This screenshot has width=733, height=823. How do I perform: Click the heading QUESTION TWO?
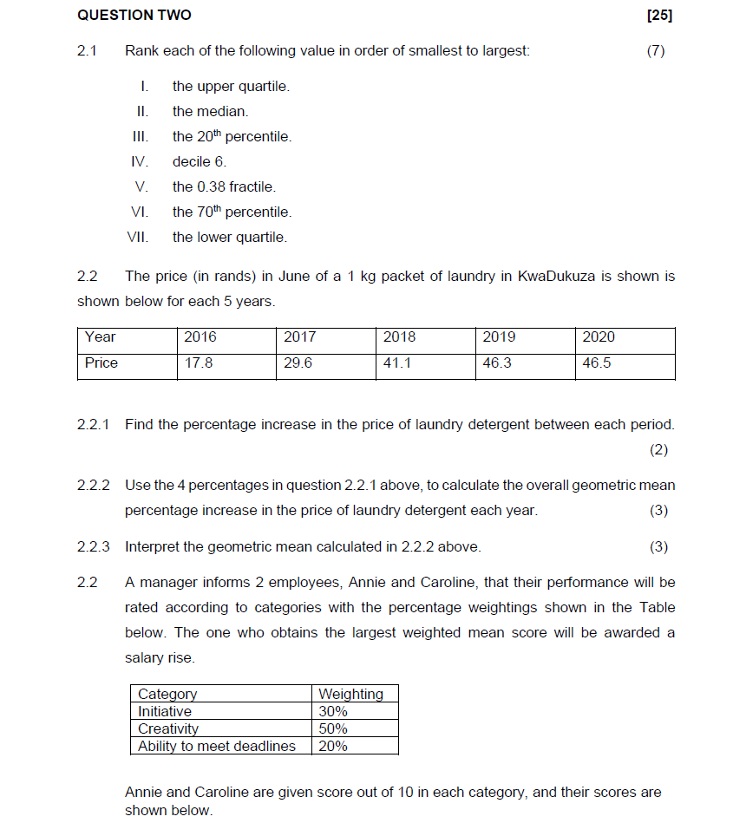pyautogui.click(x=134, y=15)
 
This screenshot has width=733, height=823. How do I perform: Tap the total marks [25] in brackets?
pyautogui.click(x=659, y=15)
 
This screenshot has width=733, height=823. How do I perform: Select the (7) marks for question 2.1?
pyautogui.click(x=656, y=51)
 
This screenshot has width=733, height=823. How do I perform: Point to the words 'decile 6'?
pyautogui.click(x=199, y=162)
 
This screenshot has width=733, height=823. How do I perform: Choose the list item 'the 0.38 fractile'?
pyautogui.click(x=224, y=187)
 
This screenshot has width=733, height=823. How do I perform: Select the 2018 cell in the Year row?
pyautogui.click(x=400, y=337)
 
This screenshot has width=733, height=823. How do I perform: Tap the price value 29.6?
pyautogui.click(x=298, y=363)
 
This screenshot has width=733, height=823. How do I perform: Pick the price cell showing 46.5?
pyautogui.click(x=597, y=363)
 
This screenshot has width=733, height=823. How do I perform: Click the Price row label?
pyautogui.click(x=101, y=363)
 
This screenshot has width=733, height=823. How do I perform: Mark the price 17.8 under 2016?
pyautogui.click(x=199, y=363)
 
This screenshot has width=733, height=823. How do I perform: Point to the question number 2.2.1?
pyautogui.click(x=94, y=425)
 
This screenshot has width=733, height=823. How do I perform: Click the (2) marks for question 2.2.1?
pyautogui.click(x=658, y=450)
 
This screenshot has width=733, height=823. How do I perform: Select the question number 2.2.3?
pyautogui.click(x=94, y=547)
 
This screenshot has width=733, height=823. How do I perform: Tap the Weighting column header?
pyautogui.click(x=350, y=694)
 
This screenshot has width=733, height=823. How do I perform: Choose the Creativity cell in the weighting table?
pyautogui.click(x=168, y=728)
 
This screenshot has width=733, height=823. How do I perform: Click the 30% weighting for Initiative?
pyautogui.click(x=333, y=711)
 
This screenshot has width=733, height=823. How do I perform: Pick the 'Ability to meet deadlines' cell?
pyautogui.click(x=217, y=746)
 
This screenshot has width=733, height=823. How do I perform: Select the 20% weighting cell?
pyautogui.click(x=333, y=746)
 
